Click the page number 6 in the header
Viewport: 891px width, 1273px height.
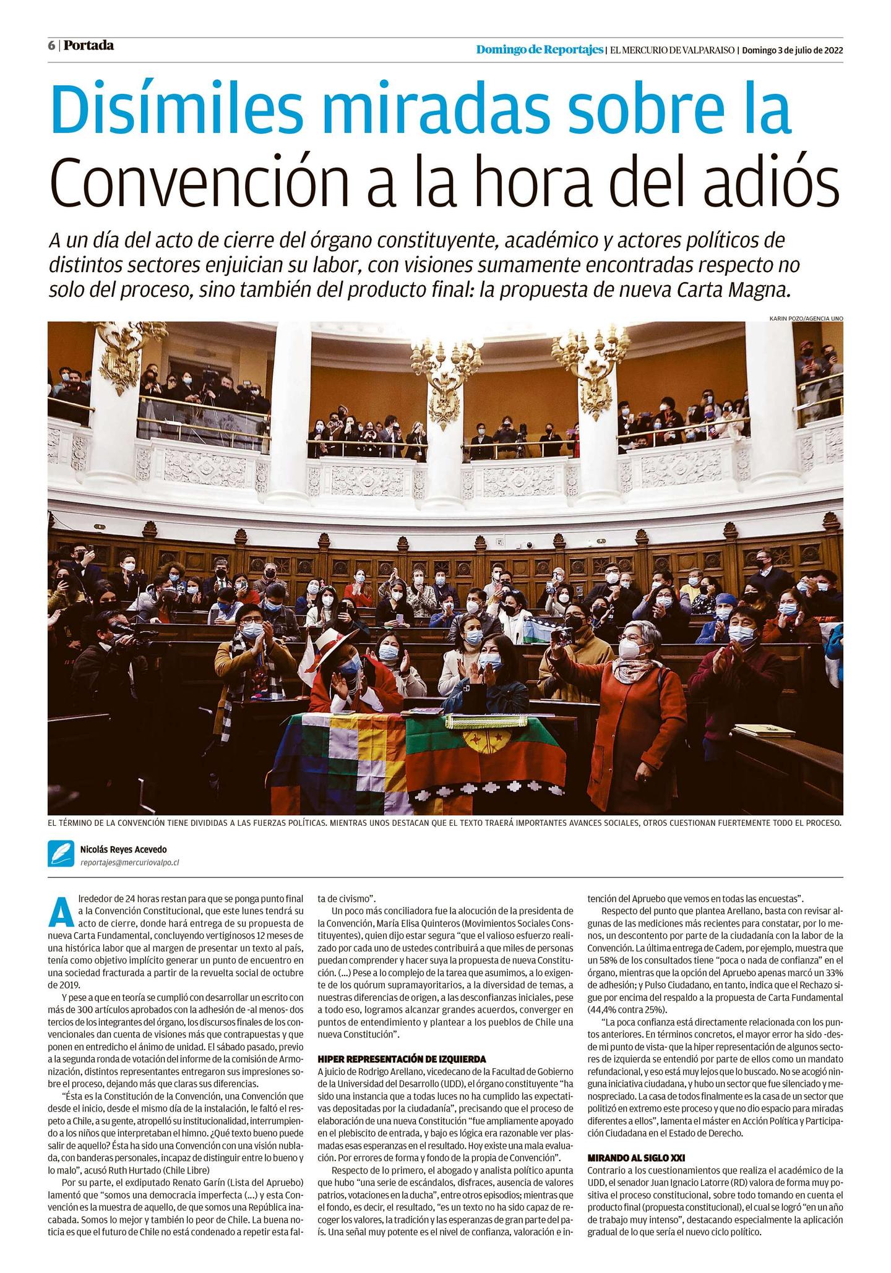[x=52, y=46]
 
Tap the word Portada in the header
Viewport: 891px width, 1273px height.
[x=89, y=46]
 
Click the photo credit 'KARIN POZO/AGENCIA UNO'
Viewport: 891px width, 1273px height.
[x=806, y=318]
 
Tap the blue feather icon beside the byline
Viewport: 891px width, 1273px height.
[x=61, y=854]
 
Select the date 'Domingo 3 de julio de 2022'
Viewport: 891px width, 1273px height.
[x=792, y=50]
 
